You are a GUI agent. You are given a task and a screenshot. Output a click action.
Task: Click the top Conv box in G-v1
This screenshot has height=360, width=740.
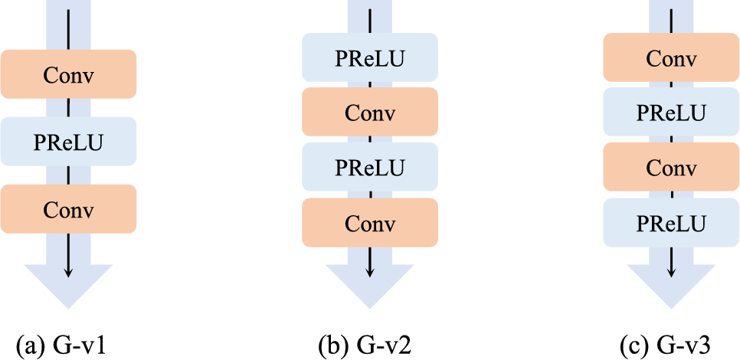(68, 74)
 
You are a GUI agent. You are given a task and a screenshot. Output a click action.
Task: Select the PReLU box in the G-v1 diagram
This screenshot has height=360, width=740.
(68, 142)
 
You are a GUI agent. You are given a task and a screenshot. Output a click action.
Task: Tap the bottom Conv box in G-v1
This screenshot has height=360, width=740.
(68, 209)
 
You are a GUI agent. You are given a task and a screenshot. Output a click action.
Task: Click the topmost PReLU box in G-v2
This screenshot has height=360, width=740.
(370, 57)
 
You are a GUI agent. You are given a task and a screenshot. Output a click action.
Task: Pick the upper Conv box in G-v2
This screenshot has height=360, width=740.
(370, 113)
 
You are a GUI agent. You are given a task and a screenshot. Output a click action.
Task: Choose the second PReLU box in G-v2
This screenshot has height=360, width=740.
(370, 167)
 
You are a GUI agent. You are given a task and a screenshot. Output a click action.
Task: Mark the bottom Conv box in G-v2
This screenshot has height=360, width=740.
(370, 223)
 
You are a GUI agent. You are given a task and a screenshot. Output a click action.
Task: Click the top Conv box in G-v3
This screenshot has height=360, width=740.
(671, 57)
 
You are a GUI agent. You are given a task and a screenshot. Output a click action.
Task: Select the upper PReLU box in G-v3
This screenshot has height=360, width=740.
(671, 113)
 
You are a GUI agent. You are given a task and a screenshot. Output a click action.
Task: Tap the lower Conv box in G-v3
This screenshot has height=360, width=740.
(671, 167)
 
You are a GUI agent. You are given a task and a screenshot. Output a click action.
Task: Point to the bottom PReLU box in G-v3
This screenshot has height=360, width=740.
(671, 223)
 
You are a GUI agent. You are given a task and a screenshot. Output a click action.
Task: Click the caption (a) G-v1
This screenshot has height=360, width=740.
(67, 345)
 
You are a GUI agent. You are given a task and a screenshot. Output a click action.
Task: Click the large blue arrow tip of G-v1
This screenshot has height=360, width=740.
(68, 287)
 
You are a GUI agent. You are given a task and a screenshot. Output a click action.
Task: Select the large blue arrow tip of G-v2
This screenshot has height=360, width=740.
(370, 287)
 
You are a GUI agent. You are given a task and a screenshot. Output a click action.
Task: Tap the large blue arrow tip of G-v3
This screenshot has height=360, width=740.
(671, 287)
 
